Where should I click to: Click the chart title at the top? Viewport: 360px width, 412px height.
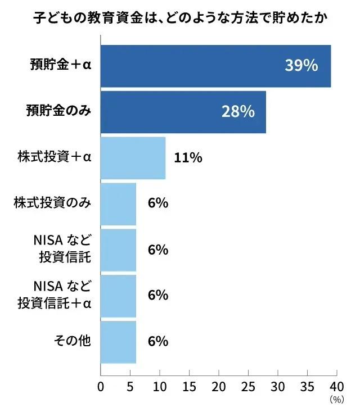[179, 19]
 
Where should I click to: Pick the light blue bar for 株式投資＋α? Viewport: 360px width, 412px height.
[133, 157]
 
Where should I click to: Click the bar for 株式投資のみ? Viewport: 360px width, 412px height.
[118, 203]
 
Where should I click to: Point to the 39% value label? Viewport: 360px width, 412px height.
[301, 65]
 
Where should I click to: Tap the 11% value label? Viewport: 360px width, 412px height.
[188, 158]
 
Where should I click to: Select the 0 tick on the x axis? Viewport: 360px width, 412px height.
[101, 387]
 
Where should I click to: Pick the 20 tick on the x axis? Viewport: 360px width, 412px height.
[219, 387]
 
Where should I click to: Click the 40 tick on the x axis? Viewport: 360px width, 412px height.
[336, 387]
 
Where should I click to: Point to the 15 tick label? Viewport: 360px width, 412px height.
[190, 387]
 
